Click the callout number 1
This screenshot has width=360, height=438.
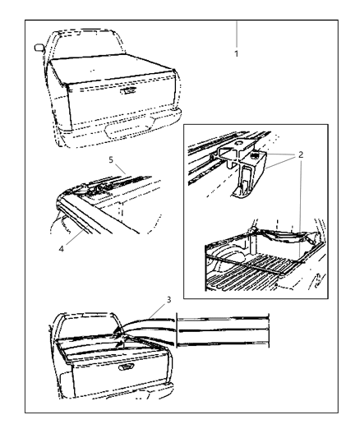coord(236,53)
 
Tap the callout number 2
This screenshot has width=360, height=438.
coord(301,154)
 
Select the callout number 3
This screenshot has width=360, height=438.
coord(168,300)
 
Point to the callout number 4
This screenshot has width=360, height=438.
coord(62,248)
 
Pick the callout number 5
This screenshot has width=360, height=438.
coord(111,160)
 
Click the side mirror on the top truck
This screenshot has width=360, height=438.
coord(39,48)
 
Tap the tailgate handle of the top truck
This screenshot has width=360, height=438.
coord(128,90)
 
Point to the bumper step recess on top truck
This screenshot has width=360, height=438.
coord(128,131)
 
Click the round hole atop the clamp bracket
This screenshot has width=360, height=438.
coord(239,144)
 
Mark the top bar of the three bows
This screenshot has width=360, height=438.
coord(223,319)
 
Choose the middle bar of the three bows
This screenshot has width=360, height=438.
coord(223,331)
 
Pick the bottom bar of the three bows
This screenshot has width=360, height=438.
coord(223,343)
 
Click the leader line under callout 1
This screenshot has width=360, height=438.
coord(236,34)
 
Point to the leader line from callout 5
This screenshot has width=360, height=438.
coord(120,169)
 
